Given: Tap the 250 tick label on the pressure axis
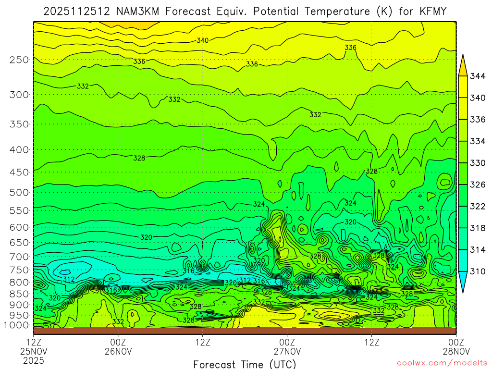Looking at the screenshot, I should (19, 60).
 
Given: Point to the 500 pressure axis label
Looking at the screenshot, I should (19, 192).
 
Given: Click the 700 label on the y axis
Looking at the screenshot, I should (19, 256).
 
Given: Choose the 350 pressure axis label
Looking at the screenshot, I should (19, 124).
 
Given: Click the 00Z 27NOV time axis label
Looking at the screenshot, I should (287, 346).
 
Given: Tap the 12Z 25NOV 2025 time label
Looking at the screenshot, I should (33, 351).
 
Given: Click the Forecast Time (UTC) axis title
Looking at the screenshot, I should (245, 364).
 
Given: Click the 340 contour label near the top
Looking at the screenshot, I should (203, 40).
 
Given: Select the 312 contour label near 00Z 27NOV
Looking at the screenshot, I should (245, 280).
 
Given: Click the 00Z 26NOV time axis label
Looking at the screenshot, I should (118, 346).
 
